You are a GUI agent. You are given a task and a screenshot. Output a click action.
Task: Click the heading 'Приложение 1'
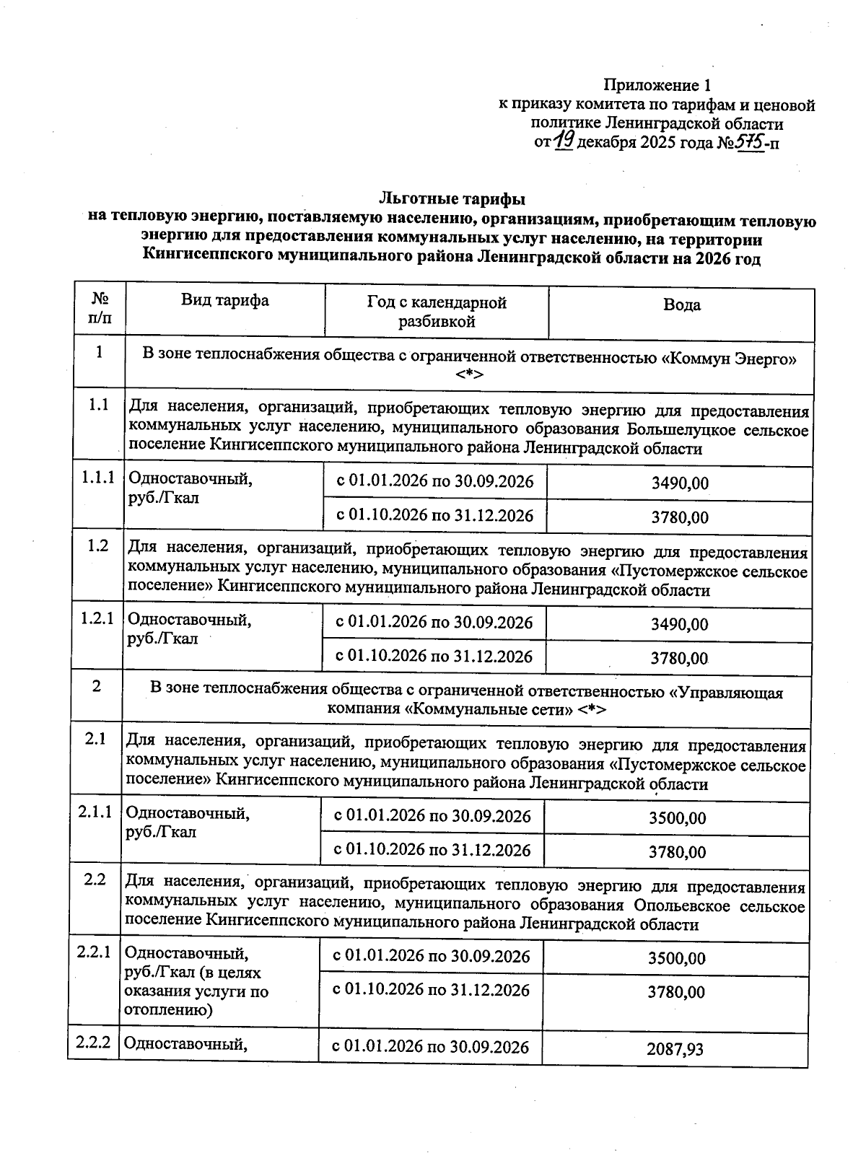652,86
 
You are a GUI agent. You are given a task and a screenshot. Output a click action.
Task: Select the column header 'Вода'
681,305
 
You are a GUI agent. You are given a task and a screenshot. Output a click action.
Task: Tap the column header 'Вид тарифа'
224,301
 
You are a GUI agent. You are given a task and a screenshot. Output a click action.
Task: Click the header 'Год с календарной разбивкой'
437,312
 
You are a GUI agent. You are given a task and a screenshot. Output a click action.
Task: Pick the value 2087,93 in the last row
675,1049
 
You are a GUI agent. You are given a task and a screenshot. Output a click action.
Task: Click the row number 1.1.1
98,478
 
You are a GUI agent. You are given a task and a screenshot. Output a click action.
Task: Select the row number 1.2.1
97,619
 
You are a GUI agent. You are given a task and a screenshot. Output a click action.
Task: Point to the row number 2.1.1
95,812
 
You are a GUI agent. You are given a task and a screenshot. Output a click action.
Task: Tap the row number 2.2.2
94,1043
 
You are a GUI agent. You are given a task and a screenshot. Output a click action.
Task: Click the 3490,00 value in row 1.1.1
679,483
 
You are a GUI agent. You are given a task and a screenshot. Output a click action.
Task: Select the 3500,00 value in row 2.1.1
677,818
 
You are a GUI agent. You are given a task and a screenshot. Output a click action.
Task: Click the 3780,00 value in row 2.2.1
675,993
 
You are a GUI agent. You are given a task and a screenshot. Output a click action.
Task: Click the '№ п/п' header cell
100,308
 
